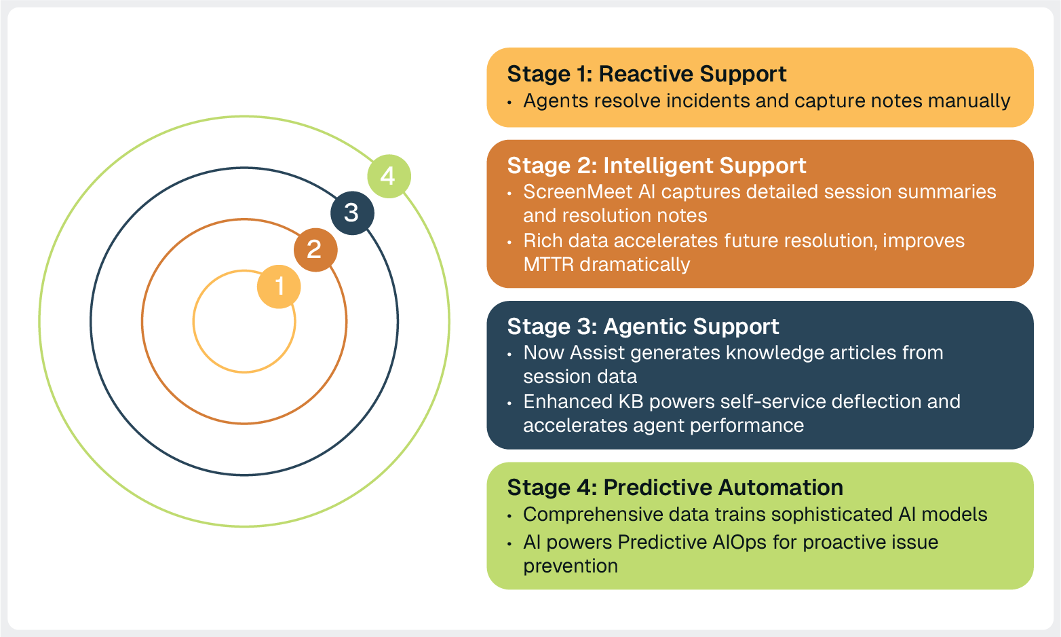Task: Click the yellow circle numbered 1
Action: tap(279, 286)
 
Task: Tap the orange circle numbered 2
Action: tap(315, 249)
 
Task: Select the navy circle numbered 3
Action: tap(352, 213)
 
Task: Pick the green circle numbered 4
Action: tap(389, 176)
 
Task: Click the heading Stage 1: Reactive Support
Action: tap(647, 74)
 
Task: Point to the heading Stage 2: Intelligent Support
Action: tap(656, 166)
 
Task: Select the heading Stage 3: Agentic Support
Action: tap(642, 327)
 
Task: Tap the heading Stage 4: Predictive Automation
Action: tap(674, 488)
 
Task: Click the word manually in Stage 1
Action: tap(969, 101)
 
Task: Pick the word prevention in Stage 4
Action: tap(570, 566)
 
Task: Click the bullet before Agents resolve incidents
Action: tap(509, 103)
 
